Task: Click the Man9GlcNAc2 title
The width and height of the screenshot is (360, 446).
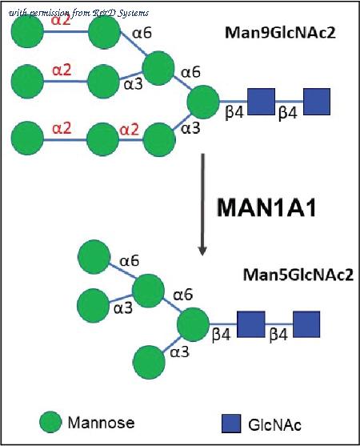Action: coord(280,33)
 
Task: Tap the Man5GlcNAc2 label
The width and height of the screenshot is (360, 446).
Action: coord(298,275)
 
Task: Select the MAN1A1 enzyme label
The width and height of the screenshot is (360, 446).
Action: coord(266,208)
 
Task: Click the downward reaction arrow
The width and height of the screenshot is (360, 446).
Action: coord(202,204)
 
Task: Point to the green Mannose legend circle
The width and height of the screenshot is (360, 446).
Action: coord(50,422)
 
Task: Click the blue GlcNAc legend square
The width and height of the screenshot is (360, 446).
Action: coord(231,424)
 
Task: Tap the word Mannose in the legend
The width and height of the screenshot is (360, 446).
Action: coord(101,423)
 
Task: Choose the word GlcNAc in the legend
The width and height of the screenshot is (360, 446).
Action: coord(274,425)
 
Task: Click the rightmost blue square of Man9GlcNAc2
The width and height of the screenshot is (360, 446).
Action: coord(317,102)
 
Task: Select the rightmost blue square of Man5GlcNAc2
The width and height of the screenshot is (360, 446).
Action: coord(306,324)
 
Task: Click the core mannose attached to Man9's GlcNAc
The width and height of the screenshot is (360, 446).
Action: coord(203,102)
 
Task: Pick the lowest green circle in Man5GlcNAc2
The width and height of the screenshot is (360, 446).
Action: coord(149,362)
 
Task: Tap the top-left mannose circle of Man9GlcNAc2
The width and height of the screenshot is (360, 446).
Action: coord(27,31)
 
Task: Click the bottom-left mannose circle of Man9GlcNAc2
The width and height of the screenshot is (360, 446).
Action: coord(27,138)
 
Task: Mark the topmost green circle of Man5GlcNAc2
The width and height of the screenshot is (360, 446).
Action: coord(94,257)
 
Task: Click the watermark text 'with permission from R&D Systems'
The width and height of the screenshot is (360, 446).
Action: coord(78,13)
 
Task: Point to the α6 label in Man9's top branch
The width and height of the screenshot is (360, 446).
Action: coord(142,33)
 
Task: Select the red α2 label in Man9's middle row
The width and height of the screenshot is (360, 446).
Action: coord(62,70)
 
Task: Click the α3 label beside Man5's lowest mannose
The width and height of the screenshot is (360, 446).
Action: coord(179,352)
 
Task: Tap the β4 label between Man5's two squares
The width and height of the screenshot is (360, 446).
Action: coord(278,334)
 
